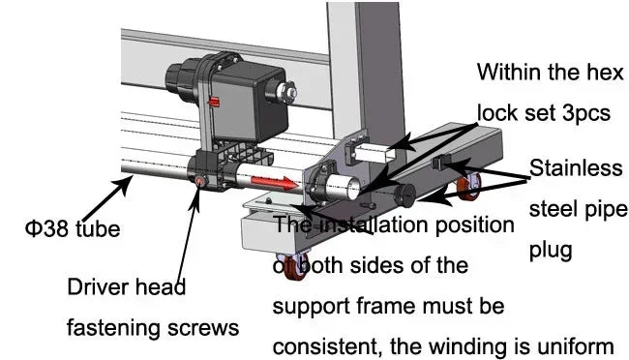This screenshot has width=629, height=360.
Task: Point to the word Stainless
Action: coord(577,169)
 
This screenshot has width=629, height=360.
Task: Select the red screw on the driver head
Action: coord(201,181)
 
